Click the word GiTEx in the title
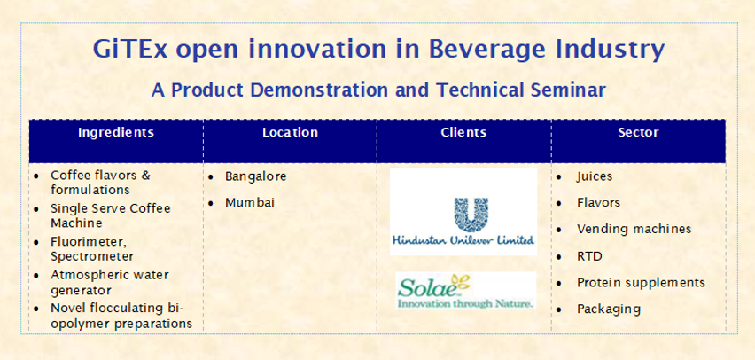click(130, 49)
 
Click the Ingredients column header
click(116, 132)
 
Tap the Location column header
click(290, 132)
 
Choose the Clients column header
click(463, 132)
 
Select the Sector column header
click(639, 132)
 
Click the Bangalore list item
click(256, 176)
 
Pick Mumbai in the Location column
click(250, 203)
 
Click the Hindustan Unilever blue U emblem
click(471, 215)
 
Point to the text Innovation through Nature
click(465, 303)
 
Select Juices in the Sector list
click(595, 176)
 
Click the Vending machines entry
click(634, 229)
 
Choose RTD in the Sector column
click(589, 256)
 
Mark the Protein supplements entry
click(641, 283)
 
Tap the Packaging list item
click(609, 309)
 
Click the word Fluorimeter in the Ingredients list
click(88, 241)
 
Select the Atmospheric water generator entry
click(110, 282)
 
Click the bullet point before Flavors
click(558, 204)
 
